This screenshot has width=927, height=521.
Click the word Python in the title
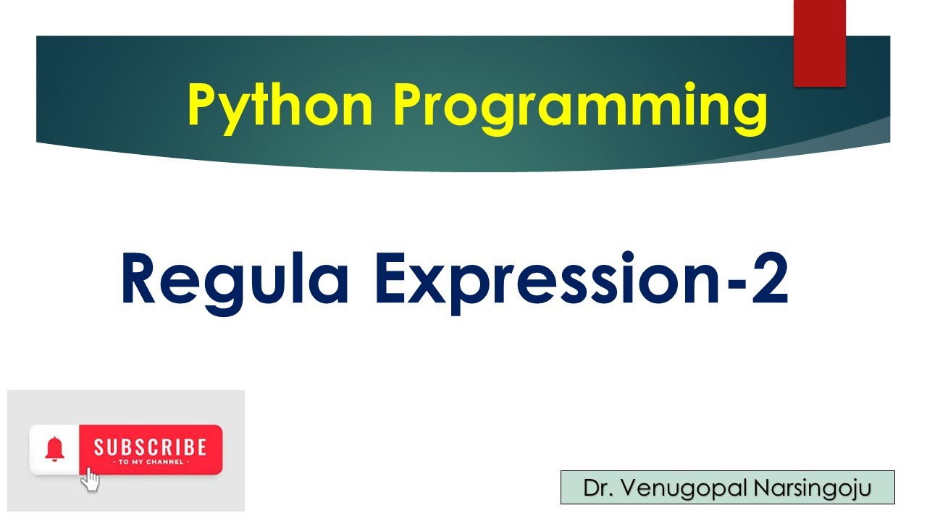tap(279, 105)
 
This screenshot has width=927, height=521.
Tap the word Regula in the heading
tap(235, 279)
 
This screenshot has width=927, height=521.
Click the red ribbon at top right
tap(819, 43)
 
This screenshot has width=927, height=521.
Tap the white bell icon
tap(54, 449)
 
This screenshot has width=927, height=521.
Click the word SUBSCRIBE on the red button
tap(150, 446)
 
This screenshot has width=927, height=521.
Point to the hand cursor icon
tap(90, 479)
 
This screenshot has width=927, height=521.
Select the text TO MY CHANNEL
tap(150, 462)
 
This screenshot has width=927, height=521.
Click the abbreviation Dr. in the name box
tap(596, 488)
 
